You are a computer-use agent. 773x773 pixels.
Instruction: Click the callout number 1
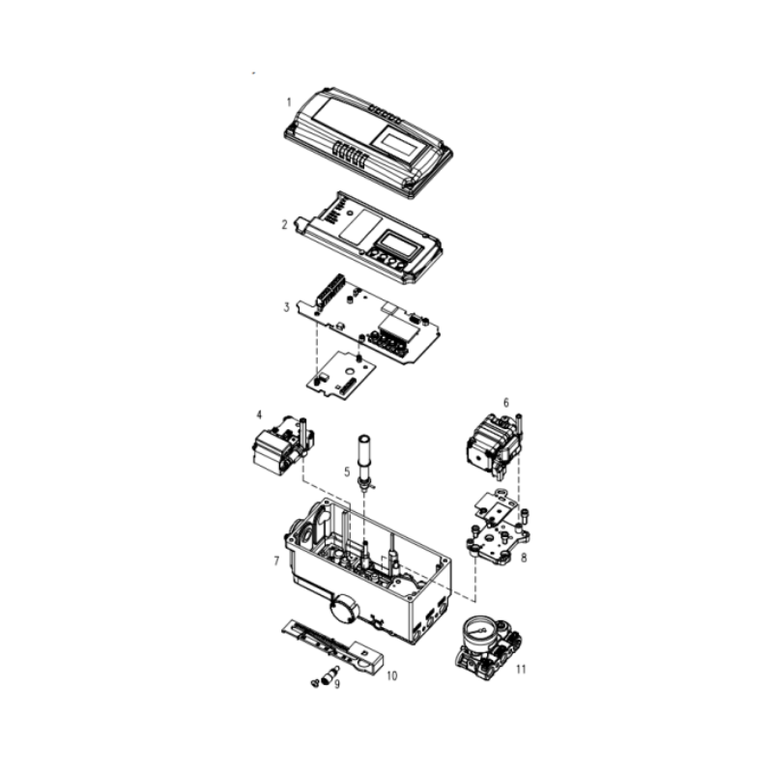pos(289,102)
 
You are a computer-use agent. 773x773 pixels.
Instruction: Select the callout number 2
pos(284,225)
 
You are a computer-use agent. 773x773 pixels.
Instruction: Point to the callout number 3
pos(286,307)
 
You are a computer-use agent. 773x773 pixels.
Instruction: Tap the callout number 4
pos(259,415)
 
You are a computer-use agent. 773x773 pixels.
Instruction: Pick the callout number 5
pos(347,472)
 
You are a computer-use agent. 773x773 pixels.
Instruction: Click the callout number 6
pos(505,403)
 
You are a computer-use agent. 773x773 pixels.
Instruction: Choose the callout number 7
pos(276,561)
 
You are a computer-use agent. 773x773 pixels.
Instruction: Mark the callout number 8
pos(524,558)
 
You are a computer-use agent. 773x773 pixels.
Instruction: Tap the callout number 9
pos(337,684)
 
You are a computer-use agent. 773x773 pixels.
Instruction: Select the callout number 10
pos(391,675)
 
